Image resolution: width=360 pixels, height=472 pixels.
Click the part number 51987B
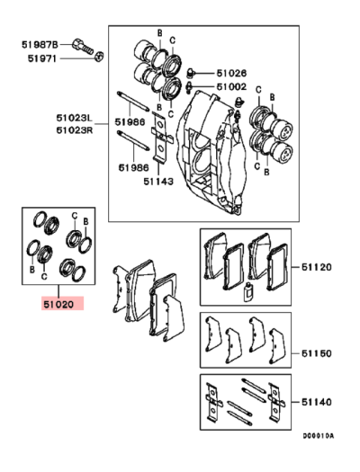click(39, 42)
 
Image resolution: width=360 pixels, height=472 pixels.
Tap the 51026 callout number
click(230, 72)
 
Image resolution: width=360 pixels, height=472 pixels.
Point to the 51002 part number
click(230, 86)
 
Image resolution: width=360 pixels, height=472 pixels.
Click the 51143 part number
click(157, 179)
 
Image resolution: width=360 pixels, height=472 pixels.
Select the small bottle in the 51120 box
click(249, 291)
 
